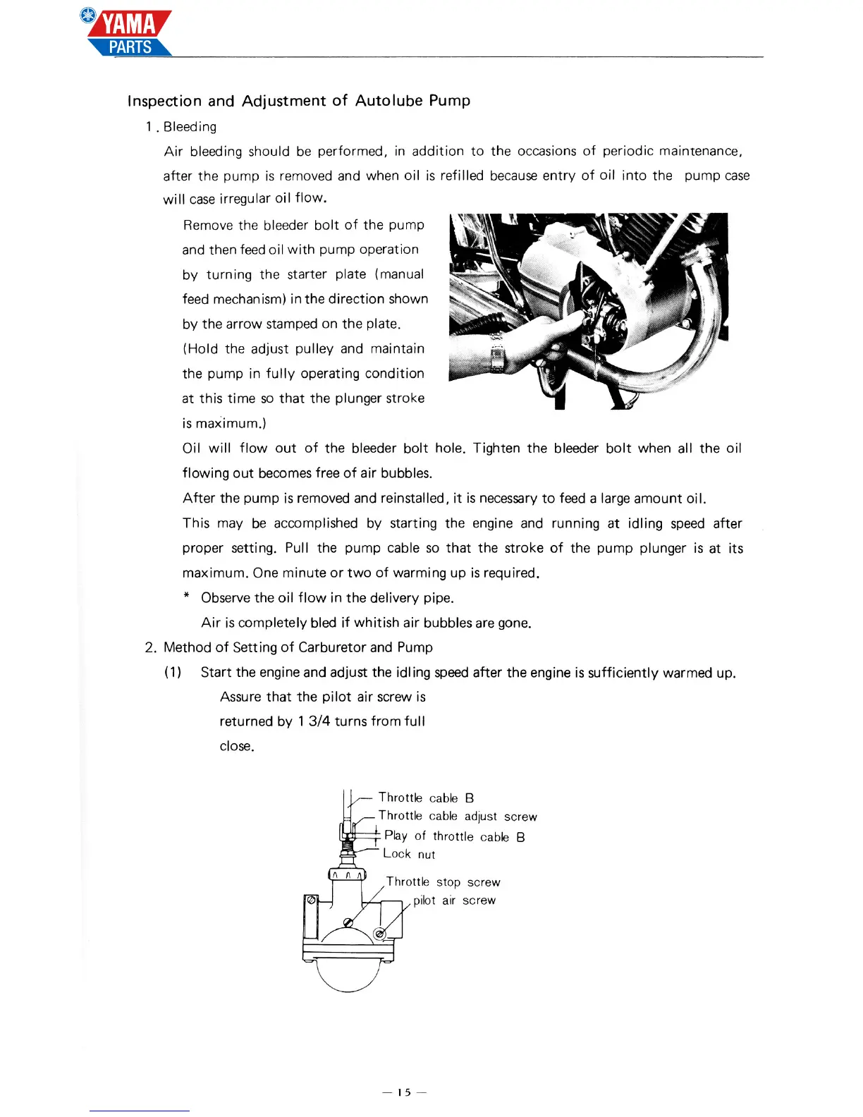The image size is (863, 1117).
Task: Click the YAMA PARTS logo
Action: pos(129,34)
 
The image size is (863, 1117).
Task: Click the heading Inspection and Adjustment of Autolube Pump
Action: pos(299,101)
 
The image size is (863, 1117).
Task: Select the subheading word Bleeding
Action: pos(190,127)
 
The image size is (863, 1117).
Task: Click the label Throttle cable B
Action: pos(426,798)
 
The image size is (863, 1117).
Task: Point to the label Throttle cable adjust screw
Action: pos(458,816)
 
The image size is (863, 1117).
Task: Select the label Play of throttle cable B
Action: pos(455,836)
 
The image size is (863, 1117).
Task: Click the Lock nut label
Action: pos(409,854)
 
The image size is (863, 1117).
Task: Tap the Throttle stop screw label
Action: pos(443,882)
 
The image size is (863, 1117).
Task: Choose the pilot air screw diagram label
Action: pos(454,901)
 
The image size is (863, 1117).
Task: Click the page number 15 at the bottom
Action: pos(404,1092)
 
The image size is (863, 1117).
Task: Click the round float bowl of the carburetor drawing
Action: pos(348,977)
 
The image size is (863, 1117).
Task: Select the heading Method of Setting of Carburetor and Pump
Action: pos(298,647)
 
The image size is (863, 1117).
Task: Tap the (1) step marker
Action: pos(173,672)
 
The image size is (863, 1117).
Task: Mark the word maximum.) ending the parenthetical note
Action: pos(221,424)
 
